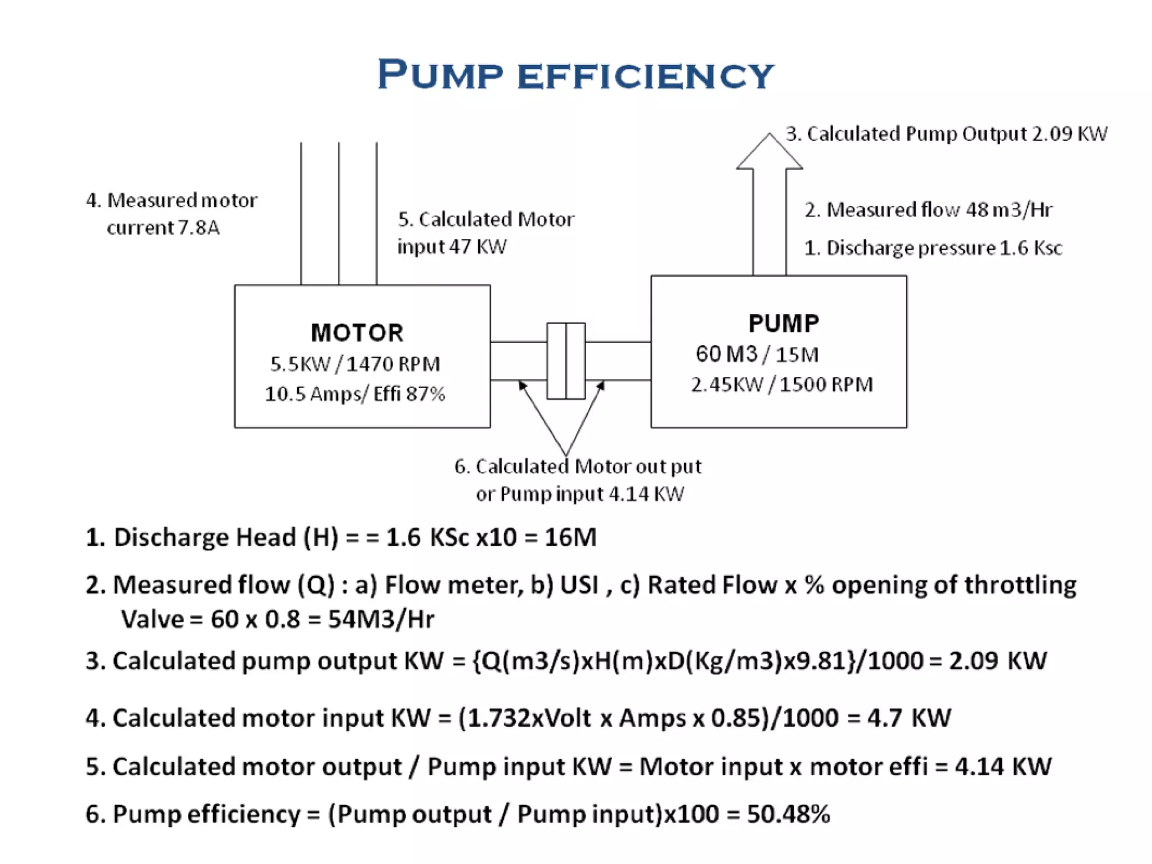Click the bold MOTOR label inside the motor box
pyautogui.click(x=357, y=333)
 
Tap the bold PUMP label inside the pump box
pyautogui.click(x=784, y=323)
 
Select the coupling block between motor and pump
pyautogui.click(x=566, y=361)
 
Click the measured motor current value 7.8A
pyautogui.click(x=199, y=228)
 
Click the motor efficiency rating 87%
pyautogui.click(x=425, y=394)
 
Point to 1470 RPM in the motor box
pyautogui.click(x=393, y=364)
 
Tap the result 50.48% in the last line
pyautogui.click(x=788, y=814)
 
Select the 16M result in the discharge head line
pyautogui.click(x=570, y=537)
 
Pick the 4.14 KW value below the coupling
pyautogui.click(x=646, y=494)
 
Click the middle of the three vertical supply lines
pyautogui.click(x=339, y=214)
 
